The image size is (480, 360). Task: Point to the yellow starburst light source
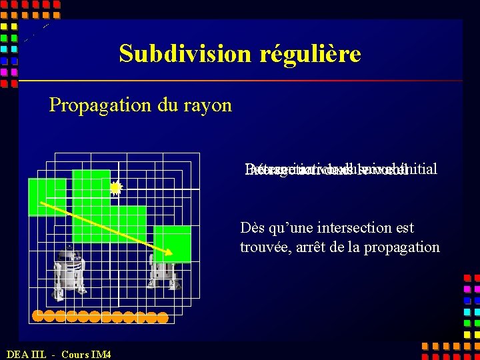pos(116,189)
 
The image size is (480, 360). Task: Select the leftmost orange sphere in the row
pos(39,316)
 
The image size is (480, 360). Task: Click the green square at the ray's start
pos(47,197)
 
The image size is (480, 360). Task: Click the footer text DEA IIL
pos(26,354)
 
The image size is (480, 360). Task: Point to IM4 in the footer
pos(101,354)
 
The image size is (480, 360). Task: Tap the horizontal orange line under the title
pos(240,81)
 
